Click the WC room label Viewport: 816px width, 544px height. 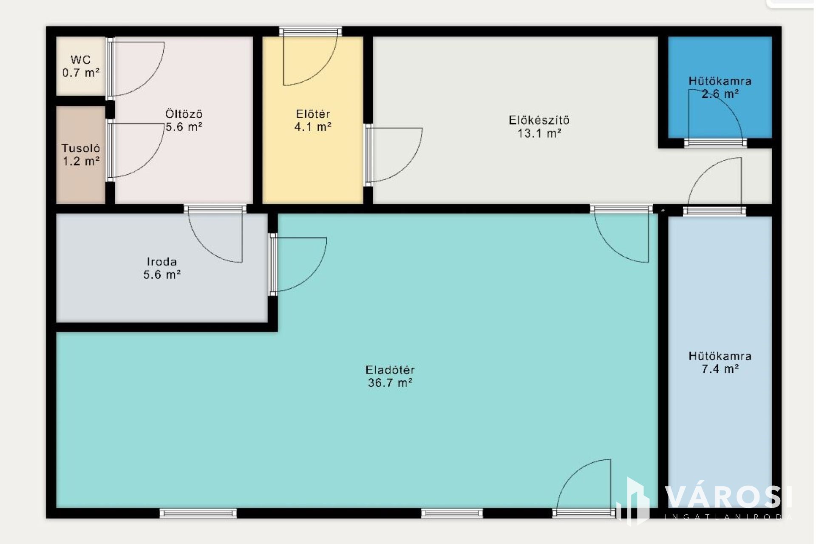pyautogui.click(x=81, y=60)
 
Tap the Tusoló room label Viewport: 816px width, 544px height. pyautogui.click(x=81, y=148)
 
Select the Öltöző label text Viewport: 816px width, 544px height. pyautogui.click(x=184, y=114)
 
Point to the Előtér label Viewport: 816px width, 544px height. pyautogui.click(x=313, y=114)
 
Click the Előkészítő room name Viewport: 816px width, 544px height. pyautogui.click(x=539, y=120)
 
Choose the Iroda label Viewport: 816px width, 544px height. pyautogui.click(x=162, y=262)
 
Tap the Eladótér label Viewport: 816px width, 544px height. pyautogui.click(x=390, y=370)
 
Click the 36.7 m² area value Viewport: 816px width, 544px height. pyautogui.click(x=390, y=383)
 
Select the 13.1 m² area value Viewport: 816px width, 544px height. pyautogui.click(x=539, y=133)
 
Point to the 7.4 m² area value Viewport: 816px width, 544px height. pyautogui.click(x=720, y=369)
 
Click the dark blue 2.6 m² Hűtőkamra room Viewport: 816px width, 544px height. pyautogui.click(x=720, y=87)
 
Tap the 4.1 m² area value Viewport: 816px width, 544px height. pyautogui.click(x=313, y=127)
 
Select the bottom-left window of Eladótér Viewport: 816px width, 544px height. pyautogui.click(x=198, y=513)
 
